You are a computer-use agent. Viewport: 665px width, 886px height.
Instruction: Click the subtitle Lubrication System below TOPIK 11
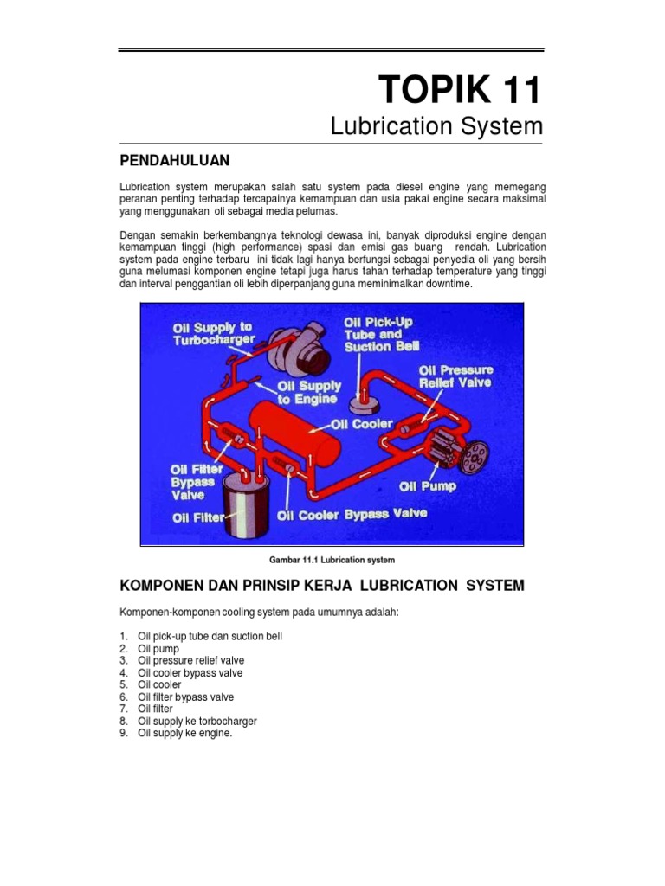436,126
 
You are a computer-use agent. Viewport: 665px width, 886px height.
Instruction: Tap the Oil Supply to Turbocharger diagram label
212,333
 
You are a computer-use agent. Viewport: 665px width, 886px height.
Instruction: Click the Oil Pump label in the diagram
427,486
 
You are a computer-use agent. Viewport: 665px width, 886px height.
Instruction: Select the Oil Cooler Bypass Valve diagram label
352,514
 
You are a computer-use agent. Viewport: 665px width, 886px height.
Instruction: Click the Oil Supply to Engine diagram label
309,393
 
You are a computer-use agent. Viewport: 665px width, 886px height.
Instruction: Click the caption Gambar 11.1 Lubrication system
332,560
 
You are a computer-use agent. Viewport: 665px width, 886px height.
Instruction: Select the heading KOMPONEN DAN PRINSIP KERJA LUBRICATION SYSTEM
321,586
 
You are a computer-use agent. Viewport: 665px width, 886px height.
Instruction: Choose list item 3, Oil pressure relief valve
190,660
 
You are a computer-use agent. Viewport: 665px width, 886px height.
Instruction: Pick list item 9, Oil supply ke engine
185,733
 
